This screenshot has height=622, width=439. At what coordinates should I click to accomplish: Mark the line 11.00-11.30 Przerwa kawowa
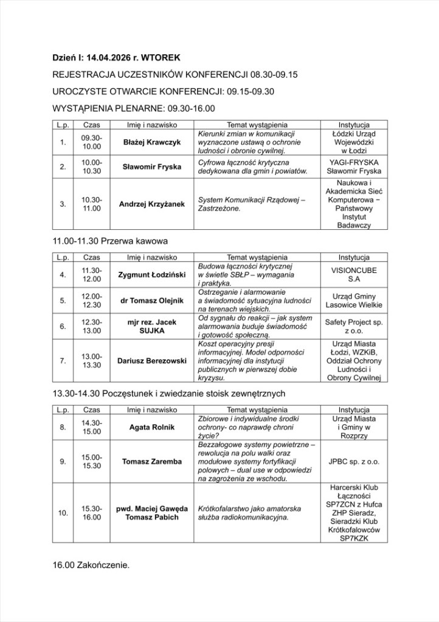(x=110, y=241)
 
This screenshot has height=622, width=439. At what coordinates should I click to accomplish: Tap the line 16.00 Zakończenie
(x=92, y=565)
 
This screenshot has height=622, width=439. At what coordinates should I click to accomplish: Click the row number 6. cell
(x=63, y=327)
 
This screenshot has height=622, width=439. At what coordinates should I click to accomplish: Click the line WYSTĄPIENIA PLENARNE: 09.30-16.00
(x=134, y=109)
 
